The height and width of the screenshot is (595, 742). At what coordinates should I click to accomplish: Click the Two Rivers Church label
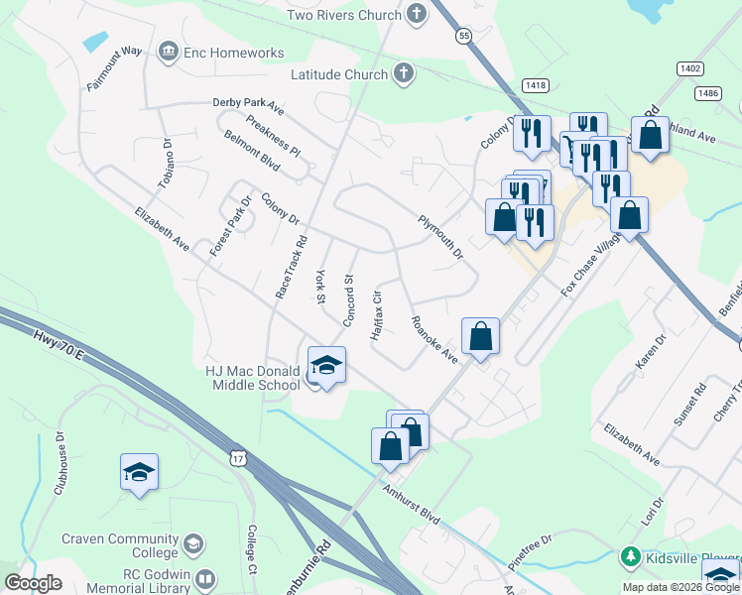[x=342, y=15]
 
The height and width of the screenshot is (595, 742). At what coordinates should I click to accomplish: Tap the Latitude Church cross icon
[x=403, y=73]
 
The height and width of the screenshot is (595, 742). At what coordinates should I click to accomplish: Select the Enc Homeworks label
[x=233, y=53]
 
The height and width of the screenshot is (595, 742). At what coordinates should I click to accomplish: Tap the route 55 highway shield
[x=463, y=36]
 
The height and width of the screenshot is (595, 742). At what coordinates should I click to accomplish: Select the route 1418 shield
[x=536, y=86]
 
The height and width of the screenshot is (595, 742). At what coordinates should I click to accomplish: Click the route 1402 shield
[x=691, y=67]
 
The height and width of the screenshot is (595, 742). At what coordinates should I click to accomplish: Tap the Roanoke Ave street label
[x=434, y=339]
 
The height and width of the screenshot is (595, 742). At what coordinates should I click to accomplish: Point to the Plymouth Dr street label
[x=440, y=238]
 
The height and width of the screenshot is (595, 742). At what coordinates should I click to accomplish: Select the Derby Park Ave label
[x=248, y=105]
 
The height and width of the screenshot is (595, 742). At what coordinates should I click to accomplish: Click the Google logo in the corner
[x=33, y=583]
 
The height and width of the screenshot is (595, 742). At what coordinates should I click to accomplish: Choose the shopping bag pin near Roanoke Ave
[x=480, y=336]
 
